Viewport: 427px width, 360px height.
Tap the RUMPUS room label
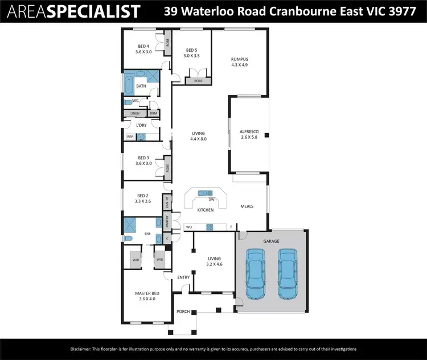(x=240, y=59)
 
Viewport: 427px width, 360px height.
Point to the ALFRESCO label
(x=249, y=131)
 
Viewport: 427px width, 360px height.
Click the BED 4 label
(x=143, y=46)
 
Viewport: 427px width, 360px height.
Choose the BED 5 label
(x=191, y=50)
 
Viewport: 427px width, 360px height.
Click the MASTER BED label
(x=147, y=293)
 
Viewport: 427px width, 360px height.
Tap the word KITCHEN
(x=205, y=210)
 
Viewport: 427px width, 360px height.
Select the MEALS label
(x=247, y=206)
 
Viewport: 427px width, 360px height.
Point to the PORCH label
(x=183, y=312)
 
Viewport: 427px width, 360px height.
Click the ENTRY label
(x=183, y=277)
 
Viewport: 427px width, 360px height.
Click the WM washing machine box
(x=130, y=136)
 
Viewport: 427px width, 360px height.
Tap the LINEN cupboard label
(x=135, y=114)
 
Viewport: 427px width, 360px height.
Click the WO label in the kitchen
(x=189, y=227)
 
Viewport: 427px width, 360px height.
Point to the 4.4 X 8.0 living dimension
(x=198, y=139)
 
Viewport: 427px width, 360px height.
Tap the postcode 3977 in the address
(x=402, y=11)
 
